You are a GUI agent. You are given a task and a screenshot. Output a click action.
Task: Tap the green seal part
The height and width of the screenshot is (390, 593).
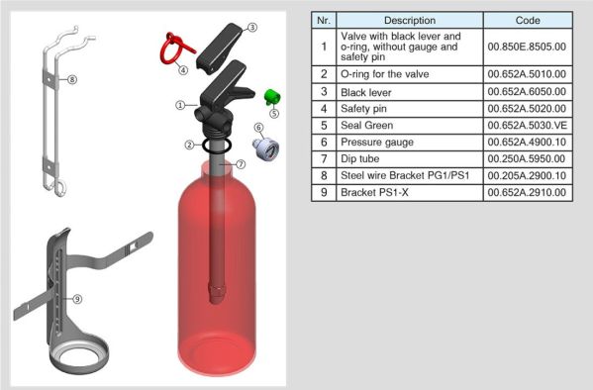(x=272, y=97)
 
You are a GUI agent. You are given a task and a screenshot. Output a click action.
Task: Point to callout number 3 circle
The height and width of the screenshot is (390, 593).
(x=252, y=28)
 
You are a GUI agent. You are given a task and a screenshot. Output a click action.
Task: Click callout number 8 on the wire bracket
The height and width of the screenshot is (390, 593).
(x=72, y=79)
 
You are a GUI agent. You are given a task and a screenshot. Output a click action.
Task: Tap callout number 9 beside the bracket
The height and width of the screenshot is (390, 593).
(x=77, y=299)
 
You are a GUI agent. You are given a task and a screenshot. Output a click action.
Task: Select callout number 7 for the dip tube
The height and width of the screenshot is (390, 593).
(x=241, y=164)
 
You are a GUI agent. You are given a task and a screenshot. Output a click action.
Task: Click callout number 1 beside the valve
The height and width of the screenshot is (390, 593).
(x=180, y=105)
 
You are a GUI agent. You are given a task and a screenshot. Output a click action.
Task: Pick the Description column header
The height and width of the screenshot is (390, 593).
(x=410, y=20)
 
